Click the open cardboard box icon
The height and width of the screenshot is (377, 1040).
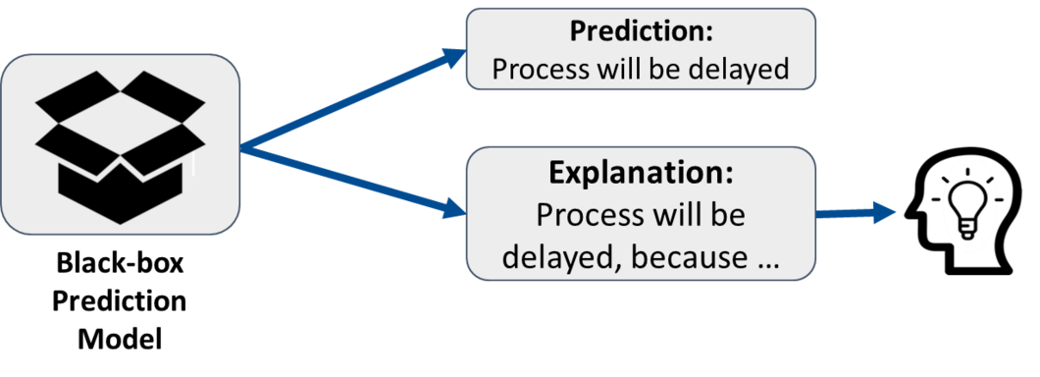(120, 146)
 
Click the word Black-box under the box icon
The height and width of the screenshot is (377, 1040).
(120, 265)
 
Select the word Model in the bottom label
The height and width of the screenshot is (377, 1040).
(120, 339)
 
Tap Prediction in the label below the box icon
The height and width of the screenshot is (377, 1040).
(120, 302)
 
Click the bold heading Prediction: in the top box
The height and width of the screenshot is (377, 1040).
(642, 31)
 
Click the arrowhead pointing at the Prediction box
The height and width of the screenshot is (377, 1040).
(455, 57)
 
